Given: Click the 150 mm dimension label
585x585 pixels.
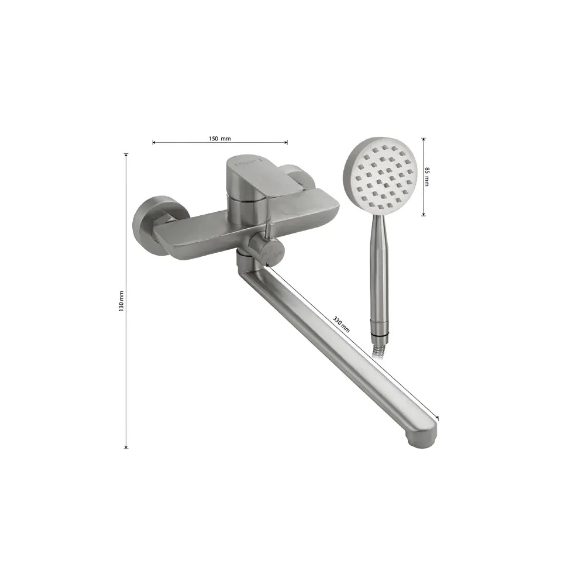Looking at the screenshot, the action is [220, 139].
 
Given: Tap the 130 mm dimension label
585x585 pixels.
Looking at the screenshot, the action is [121, 301].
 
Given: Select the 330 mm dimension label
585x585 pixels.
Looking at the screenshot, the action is [341, 324].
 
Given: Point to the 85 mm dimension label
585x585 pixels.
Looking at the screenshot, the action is [427, 177].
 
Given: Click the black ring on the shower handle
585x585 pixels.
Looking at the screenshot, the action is [380, 333].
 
